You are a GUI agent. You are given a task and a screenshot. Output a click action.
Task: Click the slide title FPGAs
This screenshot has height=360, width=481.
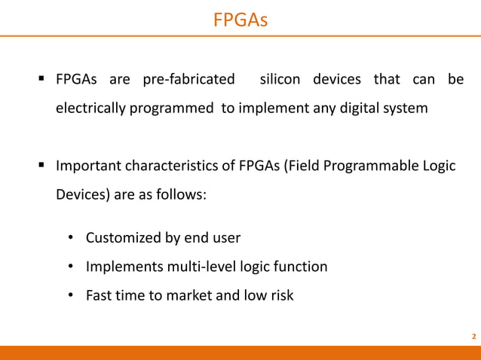click(x=240, y=17)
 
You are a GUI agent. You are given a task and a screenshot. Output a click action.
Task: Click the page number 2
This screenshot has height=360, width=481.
click(x=473, y=336)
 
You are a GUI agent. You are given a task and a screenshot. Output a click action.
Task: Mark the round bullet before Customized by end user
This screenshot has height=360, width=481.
click(x=69, y=238)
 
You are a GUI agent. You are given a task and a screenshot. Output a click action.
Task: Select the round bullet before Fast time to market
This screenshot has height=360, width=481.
click(x=69, y=295)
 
